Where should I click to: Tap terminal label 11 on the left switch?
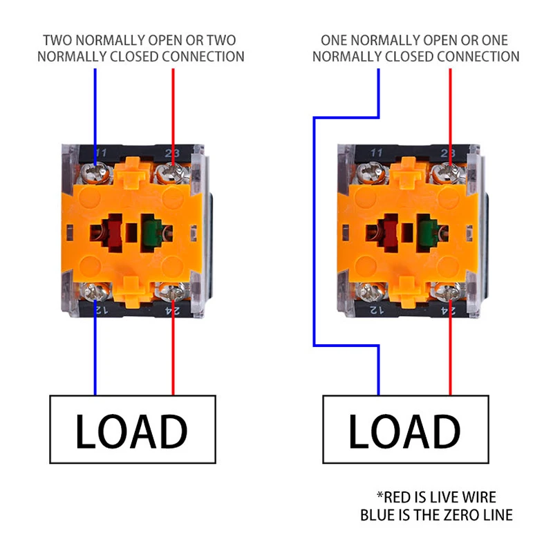click(101, 152)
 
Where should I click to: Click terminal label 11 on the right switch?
click(377, 152)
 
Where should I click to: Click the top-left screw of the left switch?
click(96, 170)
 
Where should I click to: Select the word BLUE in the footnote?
click(378, 515)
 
